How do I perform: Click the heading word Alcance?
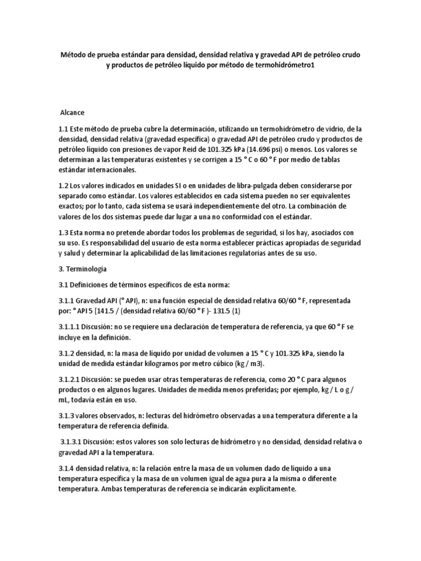click(72, 112)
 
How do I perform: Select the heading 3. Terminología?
click(82, 269)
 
